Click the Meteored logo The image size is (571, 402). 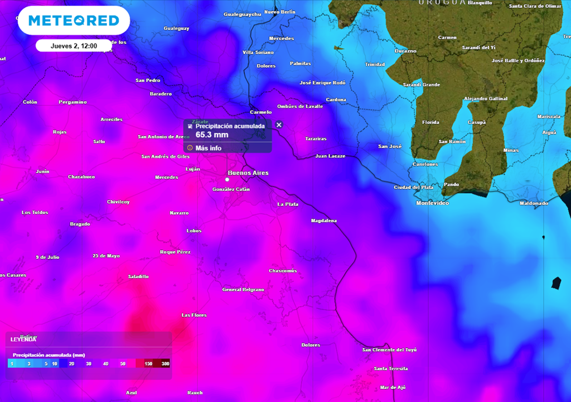pyautogui.click(x=74, y=21)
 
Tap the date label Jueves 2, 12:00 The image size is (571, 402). pyautogui.click(x=74, y=46)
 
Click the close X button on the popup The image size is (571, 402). pyautogui.click(x=279, y=125)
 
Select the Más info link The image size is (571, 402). pyautogui.click(x=208, y=148)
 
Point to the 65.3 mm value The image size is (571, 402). pyautogui.click(x=212, y=135)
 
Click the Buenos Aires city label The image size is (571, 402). pyautogui.click(x=248, y=173)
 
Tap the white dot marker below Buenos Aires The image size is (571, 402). pyautogui.click(x=227, y=180)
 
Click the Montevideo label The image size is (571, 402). pyautogui.click(x=432, y=203)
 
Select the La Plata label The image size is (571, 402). pyautogui.click(x=288, y=204)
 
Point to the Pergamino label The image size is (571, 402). pyautogui.click(x=73, y=102)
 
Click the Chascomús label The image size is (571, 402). pyautogui.click(x=283, y=271)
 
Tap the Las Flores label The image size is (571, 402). pyautogui.click(x=194, y=315)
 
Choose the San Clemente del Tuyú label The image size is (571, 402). pyautogui.click(x=389, y=350)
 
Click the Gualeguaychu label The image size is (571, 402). pyautogui.click(x=242, y=15)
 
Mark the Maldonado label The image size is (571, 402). pyautogui.click(x=534, y=203)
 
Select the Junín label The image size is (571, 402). pyautogui.click(x=42, y=171)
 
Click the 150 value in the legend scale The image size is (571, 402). pyautogui.click(x=148, y=363)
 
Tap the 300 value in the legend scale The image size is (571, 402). pyautogui.click(x=165, y=363)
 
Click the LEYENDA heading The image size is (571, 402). pyautogui.click(x=23, y=339)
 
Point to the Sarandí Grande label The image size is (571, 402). pyautogui.click(x=421, y=85)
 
